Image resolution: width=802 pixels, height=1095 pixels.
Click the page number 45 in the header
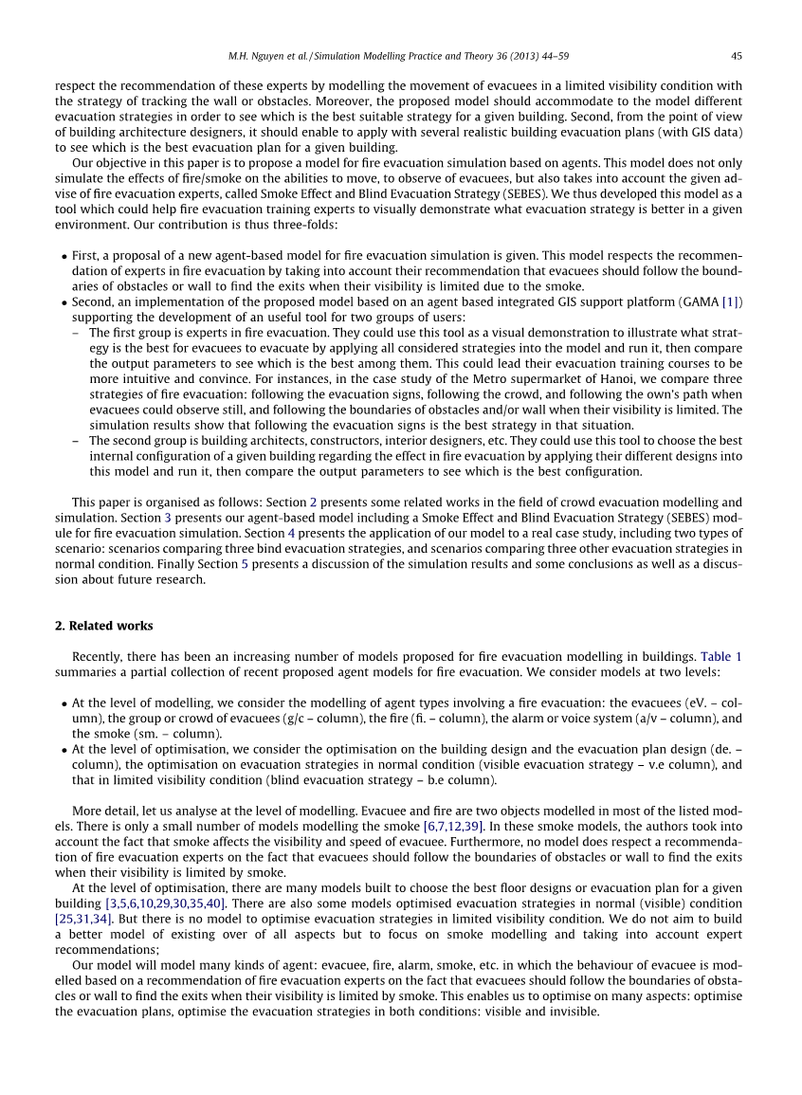[736, 56]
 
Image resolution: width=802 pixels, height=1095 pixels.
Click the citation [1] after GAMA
[731, 301]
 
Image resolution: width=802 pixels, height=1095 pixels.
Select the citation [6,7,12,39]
[454, 827]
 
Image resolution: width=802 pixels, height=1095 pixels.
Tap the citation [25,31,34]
[83, 918]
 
